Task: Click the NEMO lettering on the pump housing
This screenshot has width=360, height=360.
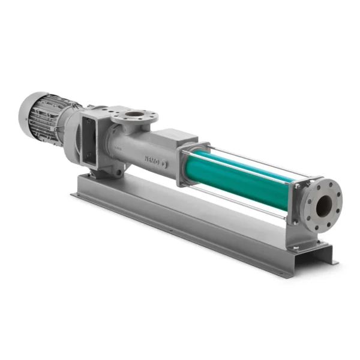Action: pos(152,160)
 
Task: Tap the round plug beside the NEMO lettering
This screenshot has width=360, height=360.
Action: pos(164,164)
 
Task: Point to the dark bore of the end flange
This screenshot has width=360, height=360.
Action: pos(324,206)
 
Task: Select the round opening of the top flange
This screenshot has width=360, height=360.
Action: pos(135,114)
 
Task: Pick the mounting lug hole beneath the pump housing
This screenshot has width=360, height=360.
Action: pos(118,172)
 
